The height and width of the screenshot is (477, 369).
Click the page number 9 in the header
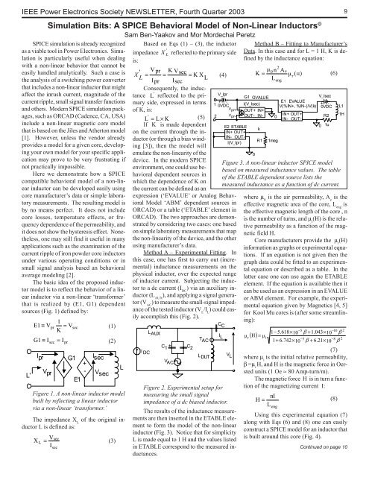pyautogui.click(x=355, y=7)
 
